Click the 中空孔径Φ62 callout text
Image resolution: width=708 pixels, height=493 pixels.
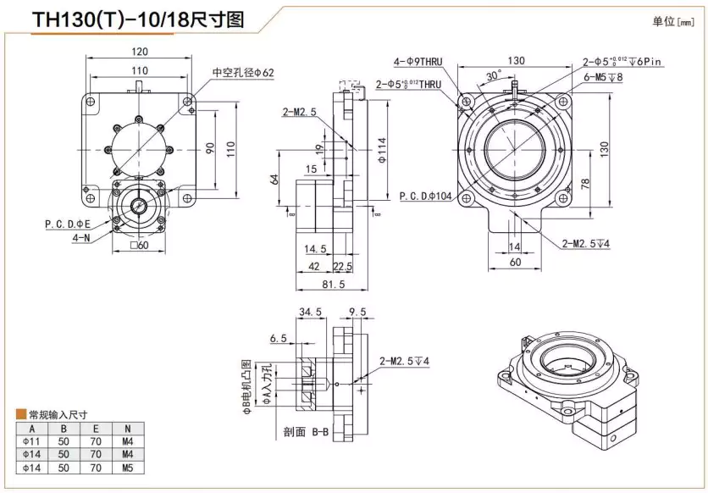tap(242, 73)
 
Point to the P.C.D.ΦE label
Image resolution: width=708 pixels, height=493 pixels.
tap(69, 224)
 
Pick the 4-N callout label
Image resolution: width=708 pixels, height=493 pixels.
tap(82, 237)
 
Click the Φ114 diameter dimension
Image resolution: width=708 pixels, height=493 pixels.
tap(382, 151)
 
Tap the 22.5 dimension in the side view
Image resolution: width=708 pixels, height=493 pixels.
tap(344, 267)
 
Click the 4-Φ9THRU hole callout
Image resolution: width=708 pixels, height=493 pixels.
tap(423, 61)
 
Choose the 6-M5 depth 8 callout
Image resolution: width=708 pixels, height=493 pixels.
tap(603, 77)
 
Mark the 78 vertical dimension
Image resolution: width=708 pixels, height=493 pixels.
tap(584, 185)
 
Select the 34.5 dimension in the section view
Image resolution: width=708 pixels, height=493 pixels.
tap(311, 313)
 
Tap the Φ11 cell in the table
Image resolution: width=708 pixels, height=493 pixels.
tap(32, 441)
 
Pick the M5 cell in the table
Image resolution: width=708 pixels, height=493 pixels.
tap(127, 467)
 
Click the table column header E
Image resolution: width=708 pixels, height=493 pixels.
tap(96, 429)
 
